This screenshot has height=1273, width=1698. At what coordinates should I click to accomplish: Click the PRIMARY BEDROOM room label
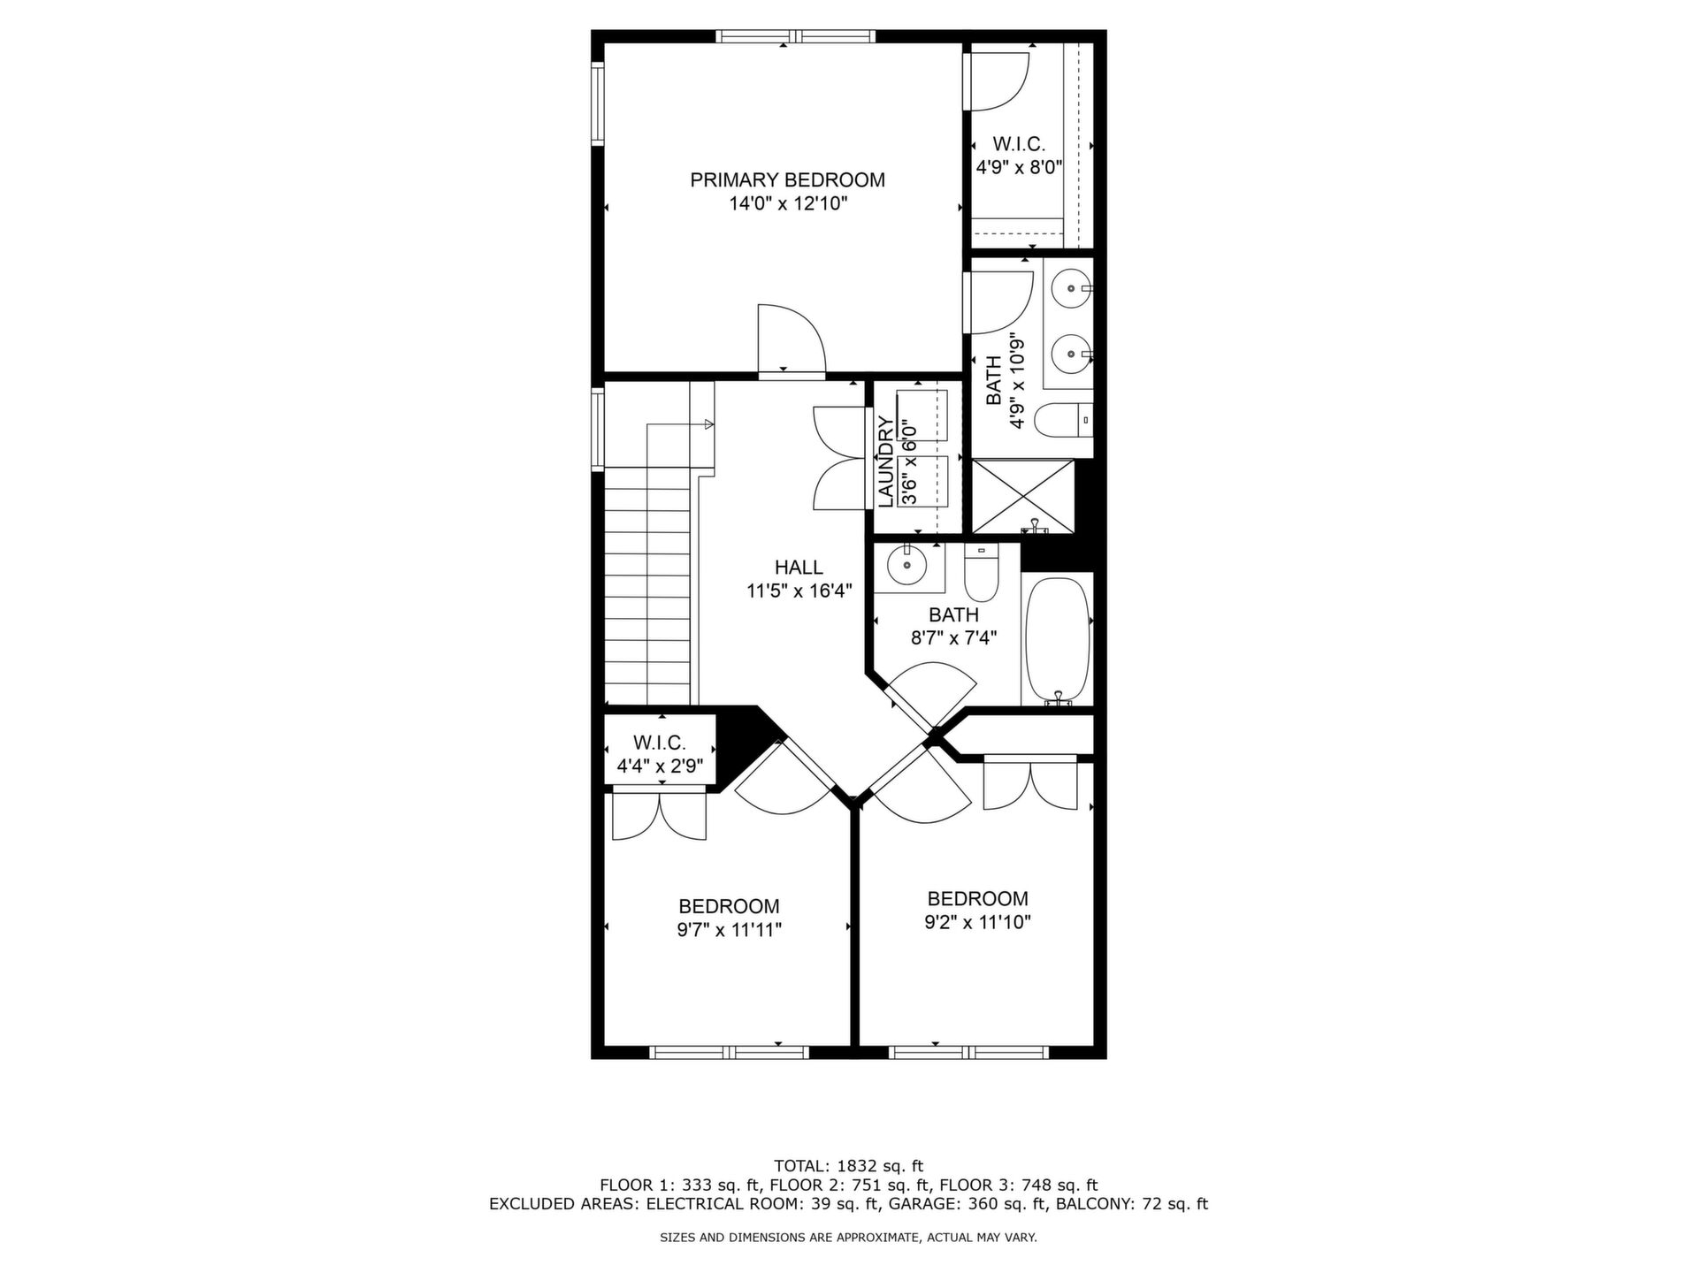point(787,180)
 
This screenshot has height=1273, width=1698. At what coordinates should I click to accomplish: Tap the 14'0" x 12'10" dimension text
point(788,204)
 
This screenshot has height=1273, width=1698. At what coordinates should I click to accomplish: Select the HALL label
point(799,568)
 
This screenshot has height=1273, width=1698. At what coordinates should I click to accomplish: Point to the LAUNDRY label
point(885,461)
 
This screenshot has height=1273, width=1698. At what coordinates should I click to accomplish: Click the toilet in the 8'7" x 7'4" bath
point(980,573)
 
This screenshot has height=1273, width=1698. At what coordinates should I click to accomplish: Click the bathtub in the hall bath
point(1057,638)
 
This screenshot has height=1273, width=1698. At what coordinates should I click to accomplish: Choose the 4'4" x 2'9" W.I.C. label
point(660,754)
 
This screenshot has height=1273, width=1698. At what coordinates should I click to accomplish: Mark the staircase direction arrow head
point(708,425)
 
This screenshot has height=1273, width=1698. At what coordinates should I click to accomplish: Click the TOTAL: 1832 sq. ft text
point(848,1166)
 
